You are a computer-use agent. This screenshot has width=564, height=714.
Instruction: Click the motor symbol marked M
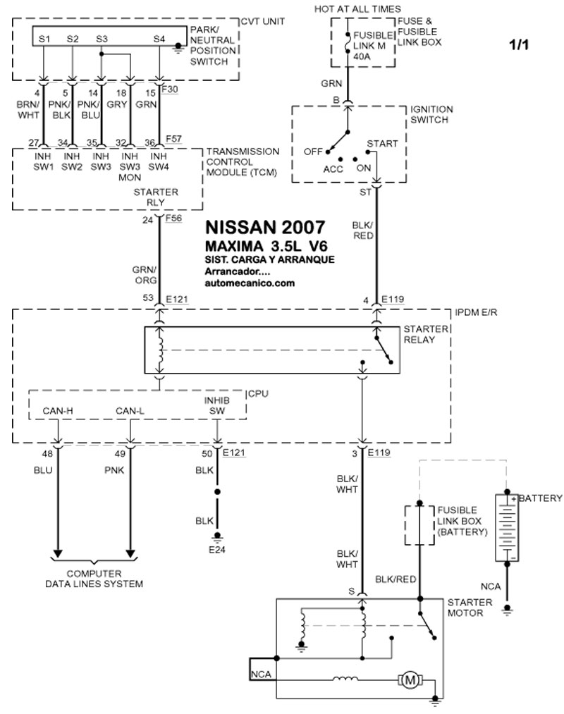point(409,679)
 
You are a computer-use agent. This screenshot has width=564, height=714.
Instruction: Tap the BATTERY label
point(542,498)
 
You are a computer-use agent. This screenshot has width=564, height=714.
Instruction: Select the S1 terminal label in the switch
point(44,39)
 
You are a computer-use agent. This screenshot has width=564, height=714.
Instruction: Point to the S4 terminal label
point(159,39)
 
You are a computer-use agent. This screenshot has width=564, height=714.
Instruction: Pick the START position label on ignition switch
point(382,144)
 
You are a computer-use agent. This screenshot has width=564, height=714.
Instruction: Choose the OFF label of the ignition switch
point(312,152)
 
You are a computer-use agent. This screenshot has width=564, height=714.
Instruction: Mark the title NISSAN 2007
point(265,228)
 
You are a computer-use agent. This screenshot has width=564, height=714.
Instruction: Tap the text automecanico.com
point(250,283)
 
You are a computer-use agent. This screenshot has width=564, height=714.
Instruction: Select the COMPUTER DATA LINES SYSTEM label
point(94,579)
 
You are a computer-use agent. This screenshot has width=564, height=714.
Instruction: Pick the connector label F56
point(173,219)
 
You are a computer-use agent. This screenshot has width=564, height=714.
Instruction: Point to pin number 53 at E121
point(148,300)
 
